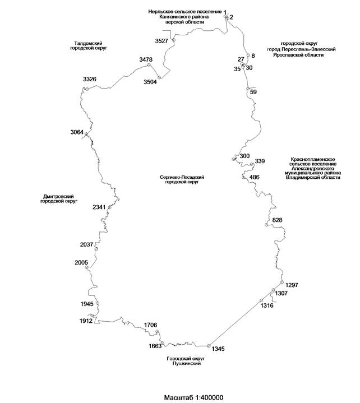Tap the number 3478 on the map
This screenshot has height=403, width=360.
146,59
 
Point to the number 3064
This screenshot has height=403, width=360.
77,132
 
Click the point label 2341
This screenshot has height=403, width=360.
99,207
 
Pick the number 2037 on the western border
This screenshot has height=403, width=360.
87,244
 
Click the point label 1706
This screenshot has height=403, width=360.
151,325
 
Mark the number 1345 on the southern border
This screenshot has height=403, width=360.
219,349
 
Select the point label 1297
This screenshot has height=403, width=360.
292,285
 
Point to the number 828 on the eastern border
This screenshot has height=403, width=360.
277,220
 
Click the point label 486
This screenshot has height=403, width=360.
255,177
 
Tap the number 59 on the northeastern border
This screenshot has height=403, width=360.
253,91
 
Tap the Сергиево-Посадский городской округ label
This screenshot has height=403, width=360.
181,180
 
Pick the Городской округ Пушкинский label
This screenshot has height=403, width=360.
183,360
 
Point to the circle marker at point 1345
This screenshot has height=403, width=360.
208,346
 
